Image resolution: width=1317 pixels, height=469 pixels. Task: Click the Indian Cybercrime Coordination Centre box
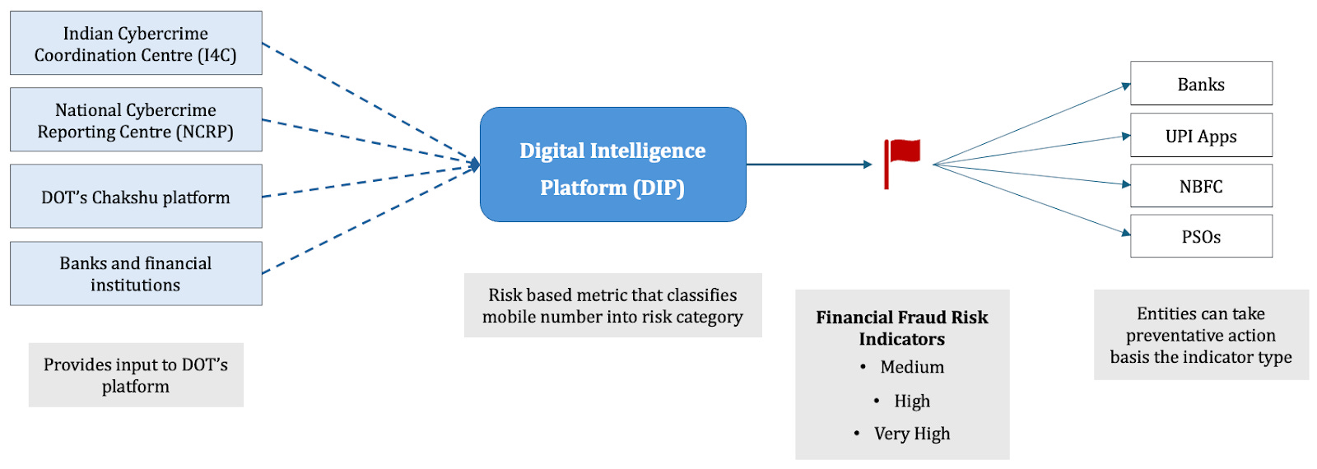click(x=136, y=44)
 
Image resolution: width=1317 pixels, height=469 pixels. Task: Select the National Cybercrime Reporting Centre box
click(x=136, y=120)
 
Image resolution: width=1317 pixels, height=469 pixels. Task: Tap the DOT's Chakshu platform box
click(x=136, y=197)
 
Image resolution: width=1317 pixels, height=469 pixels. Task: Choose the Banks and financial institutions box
click(x=136, y=273)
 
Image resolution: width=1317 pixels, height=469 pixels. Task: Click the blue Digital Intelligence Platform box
click(x=612, y=165)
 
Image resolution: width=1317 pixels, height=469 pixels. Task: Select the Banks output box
click(x=1200, y=84)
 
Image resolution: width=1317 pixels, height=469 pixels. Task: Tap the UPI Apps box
click(x=1200, y=136)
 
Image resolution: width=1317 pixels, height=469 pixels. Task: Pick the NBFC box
click(x=1200, y=186)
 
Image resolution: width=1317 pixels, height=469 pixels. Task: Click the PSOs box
click(x=1200, y=236)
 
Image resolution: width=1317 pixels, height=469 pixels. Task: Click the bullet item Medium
click(x=912, y=367)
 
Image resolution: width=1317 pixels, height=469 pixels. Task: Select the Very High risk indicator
click(x=912, y=434)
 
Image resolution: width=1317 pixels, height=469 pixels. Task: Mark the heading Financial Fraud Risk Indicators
click(x=901, y=327)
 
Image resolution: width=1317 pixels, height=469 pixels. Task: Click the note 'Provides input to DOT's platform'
click(x=136, y=375)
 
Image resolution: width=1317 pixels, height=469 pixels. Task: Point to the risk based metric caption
click(x=612, y=305)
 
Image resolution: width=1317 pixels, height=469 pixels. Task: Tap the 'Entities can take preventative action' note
click(x=1200, y=335)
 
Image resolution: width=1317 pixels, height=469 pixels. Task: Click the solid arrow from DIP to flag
click(x=807, y=165)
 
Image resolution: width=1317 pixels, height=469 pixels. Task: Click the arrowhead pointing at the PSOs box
click(x=1126, y=233)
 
